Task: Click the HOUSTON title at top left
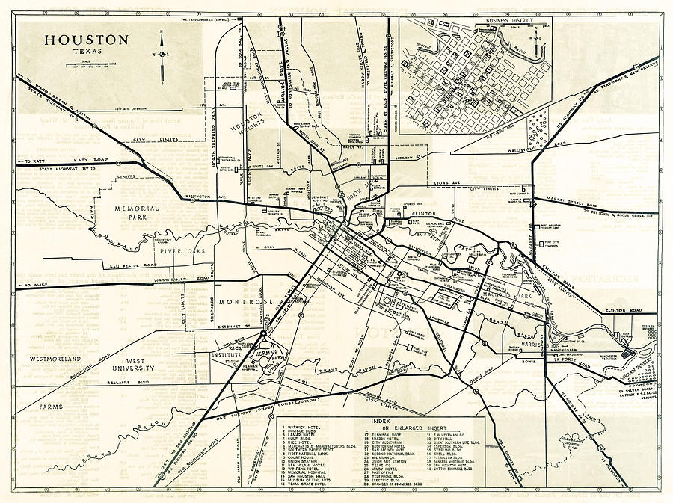click(x=85, y=41)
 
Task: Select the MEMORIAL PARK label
click(x=136, y=213)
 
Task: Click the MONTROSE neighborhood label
click(x=245, y=301)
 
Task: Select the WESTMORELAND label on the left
click(x=55, y=359)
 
